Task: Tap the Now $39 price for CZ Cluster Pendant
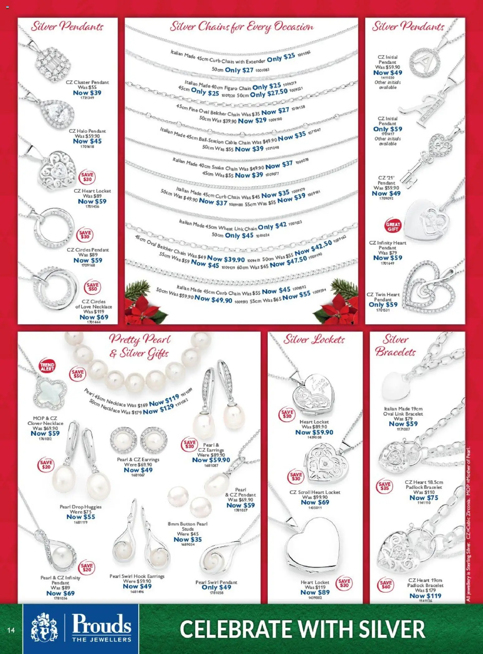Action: [87, 93]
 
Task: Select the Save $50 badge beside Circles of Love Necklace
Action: [93, 287]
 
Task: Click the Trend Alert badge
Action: [47, 367]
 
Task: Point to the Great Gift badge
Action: [393, 227]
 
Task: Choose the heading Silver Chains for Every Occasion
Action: [241, 27]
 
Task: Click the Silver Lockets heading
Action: [314, 339]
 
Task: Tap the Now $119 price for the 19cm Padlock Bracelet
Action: [425, 596]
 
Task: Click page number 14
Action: [11, 630]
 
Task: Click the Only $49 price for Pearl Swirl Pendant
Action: [216, 587]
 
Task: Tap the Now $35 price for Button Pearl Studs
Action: [188, 539]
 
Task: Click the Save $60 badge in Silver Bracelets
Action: [385, 585]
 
